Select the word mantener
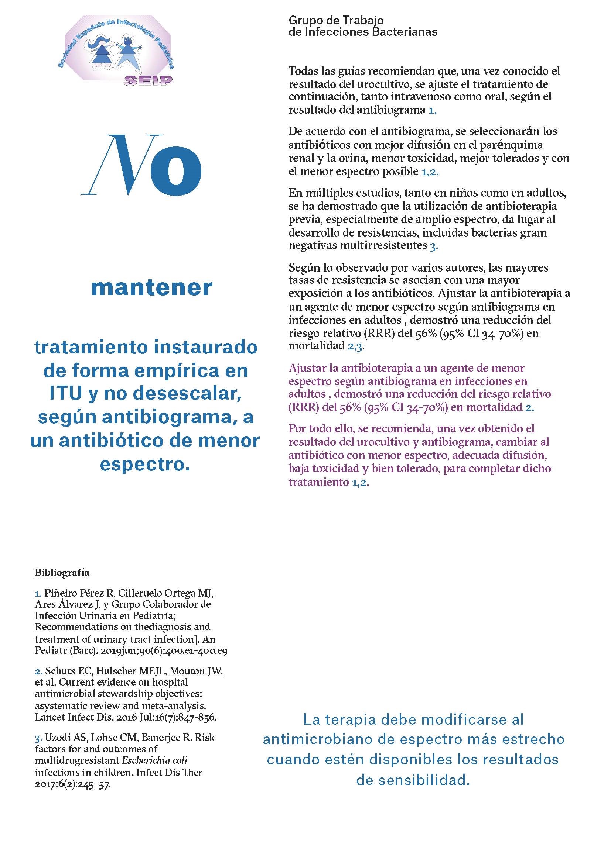[x=151, y=288]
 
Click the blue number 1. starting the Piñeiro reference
[x=38, y=594]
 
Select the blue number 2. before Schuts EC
[x=38, y=671]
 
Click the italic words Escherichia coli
[x=155, y=760]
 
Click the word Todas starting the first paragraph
[x=303, y=71]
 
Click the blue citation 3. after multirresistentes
[x=433, y=246]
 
